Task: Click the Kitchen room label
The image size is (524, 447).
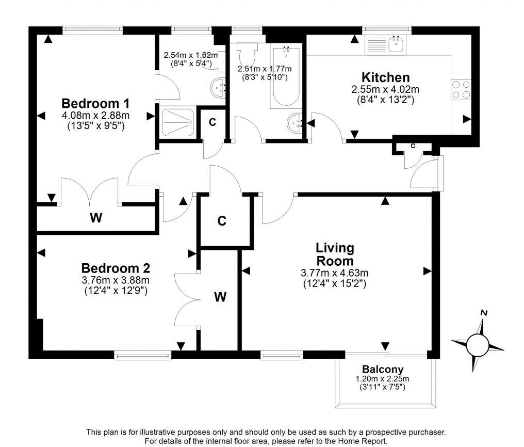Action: point(385,77)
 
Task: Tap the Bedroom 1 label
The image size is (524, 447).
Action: point(95,102)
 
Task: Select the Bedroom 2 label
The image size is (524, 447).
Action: point(116,268)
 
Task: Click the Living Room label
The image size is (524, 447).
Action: point(335,254)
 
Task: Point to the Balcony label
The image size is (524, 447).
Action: point(382,370)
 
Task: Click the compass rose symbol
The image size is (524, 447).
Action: point(478,343)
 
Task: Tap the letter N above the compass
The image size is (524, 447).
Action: point(483,312)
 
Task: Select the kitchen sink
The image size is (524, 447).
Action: point(396,44)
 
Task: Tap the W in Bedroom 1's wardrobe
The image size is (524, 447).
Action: point(95,218)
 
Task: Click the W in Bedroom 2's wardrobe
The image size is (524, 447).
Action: point(220,297)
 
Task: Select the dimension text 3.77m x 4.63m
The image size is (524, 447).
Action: point(334,273)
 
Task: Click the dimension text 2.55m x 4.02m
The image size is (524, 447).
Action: point(385,89)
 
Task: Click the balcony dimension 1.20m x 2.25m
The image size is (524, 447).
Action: point(382,379)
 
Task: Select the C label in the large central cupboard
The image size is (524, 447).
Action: point(222,221)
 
